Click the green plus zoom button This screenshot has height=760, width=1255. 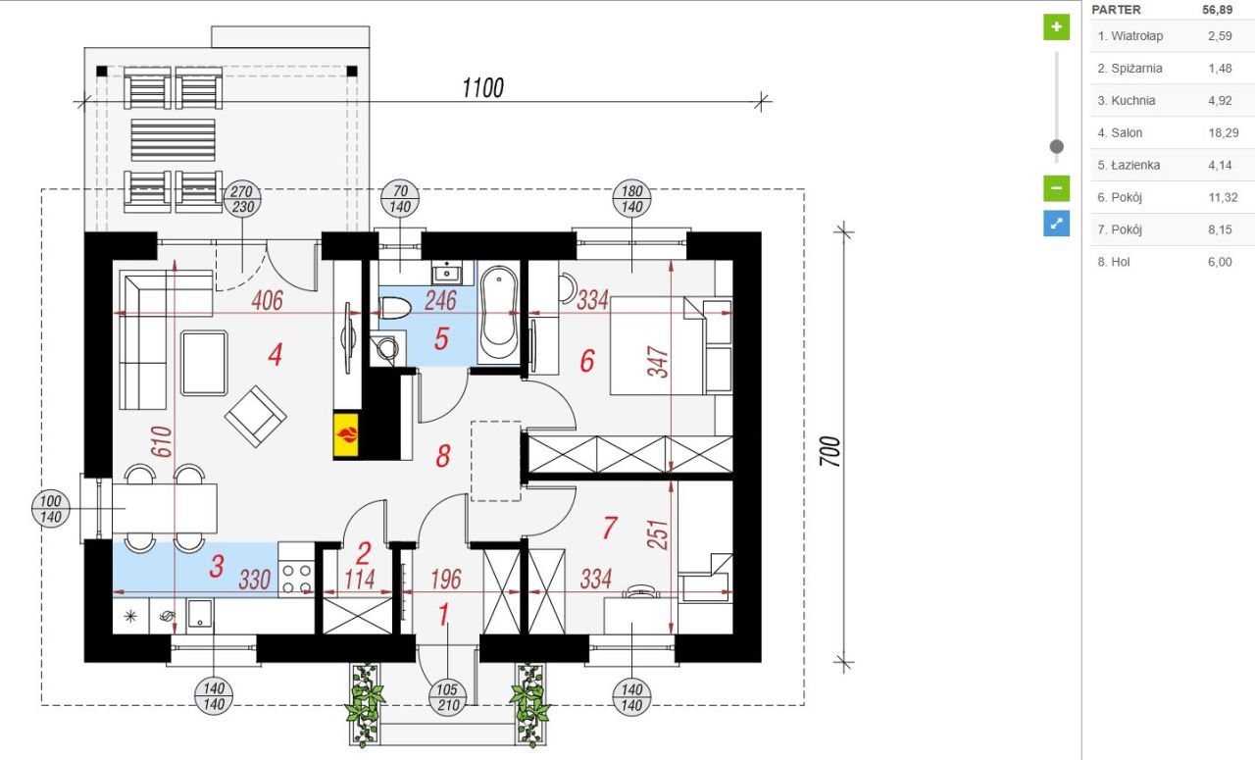[x=1056, y=26]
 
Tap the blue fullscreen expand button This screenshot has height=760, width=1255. [x=1056, y=224]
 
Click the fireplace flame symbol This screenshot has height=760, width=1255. [x=346, y=434]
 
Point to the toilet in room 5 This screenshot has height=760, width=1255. [x=395, y=308]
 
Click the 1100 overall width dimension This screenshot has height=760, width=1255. [x=483, y=88]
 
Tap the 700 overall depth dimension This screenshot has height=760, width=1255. [x=830, y=451]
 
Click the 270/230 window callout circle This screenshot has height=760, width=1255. [x=242, y=199]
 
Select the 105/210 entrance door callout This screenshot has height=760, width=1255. [x=448, y=698]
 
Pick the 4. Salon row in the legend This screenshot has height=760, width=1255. [x=1171, y=132]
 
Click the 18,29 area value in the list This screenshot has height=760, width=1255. [x=1223, y=132]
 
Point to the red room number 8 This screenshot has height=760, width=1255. [x=443, y=456]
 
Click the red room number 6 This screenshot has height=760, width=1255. [x=587, y=361]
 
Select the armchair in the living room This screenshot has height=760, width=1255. [x=256, y=417]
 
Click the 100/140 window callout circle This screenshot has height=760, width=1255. [x=51, y=509]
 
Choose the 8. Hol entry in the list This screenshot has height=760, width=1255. [x=1171, y=262]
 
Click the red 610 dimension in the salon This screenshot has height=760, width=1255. [x=162, y=441]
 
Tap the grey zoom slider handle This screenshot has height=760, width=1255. [x=1057, y=147]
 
